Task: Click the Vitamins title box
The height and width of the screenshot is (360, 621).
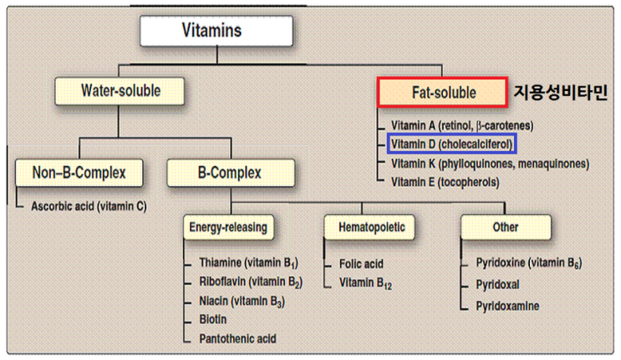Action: pyautogui.click(x=216, y=32)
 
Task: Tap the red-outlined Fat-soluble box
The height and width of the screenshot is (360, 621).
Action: pyautogui.click(x=442, y=93)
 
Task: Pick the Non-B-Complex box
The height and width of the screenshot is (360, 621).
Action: pyautogui.click(x=80, y=174)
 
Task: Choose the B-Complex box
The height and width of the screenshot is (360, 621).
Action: pyautogui.click(x=230, y=174)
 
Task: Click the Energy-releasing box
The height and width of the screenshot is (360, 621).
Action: pyautogui.click(x=230, y=226)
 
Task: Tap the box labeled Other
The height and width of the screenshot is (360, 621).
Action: pyautogui.click(x=505, y=226)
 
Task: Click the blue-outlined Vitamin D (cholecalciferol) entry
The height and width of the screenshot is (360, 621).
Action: pyautogui.click(x=450, y=144)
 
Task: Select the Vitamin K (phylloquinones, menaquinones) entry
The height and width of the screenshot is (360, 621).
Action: pyautogui.click(x=490, y=163)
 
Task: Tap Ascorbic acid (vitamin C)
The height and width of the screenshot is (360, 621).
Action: pyautogui.click(x=89, y=205)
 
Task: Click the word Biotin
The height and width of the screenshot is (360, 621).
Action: pyautogui.click(x=214, y=319)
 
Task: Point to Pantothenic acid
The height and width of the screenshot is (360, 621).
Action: pyautogui.click(x=237, y=338)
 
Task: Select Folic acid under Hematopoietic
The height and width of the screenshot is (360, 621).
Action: pyautogui.click(x=361, y=264)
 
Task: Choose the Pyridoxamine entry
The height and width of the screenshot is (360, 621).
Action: pyautogui.click(x=507, y=306)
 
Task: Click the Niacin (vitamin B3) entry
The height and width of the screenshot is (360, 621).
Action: pyautogui.click(x=240, y=300)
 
